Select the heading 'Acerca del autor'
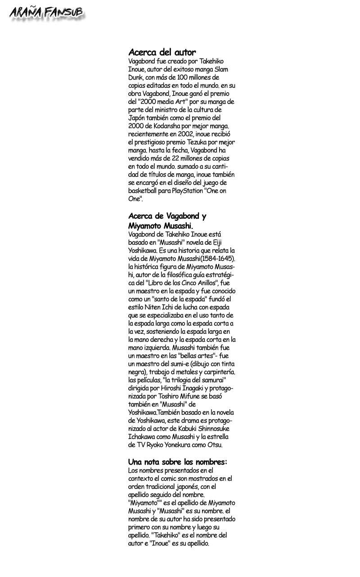coord(162,53)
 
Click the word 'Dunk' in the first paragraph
coord(136,77)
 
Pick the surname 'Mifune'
coord(194,396)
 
